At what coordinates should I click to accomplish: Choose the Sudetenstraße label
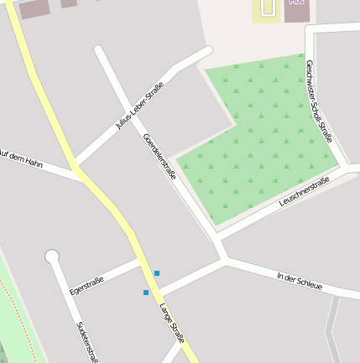click(86, 342)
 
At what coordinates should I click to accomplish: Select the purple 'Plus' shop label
click(296, 3)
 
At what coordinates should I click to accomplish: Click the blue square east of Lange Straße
click(156, 273)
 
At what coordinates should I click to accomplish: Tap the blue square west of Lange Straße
click(146, 293)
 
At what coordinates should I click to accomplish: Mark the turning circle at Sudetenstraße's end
click(52, 256)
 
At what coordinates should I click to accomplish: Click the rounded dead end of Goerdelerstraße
click(99, 51)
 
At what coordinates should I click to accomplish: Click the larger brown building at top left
click(34, 9)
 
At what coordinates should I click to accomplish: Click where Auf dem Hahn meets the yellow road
click(82, 178)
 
